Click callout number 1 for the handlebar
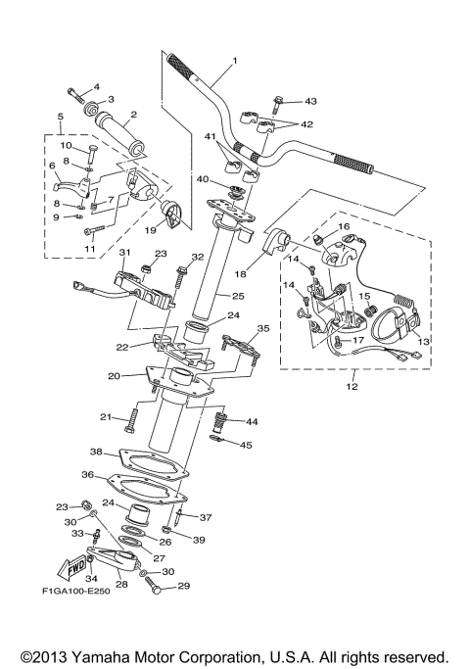coord(235,62)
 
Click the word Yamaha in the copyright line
coord(117,655)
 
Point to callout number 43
coord(311,101)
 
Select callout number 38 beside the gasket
coord(96,453)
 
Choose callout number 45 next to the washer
coord(246,445)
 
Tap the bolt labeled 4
coord(77,95)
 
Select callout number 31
coord(124,253)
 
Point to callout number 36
coord(88,474)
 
